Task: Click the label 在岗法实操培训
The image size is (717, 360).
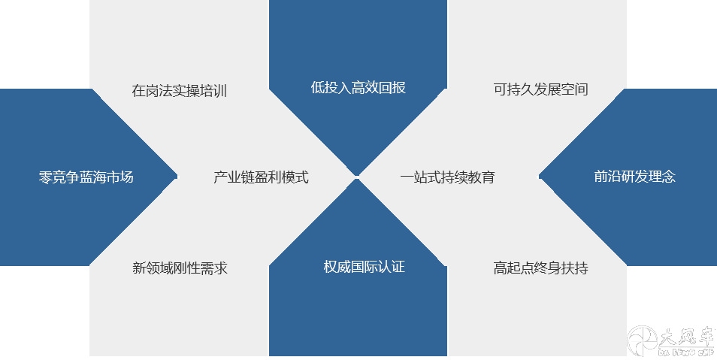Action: click(179, 91)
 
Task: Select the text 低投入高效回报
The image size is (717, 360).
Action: click(358, 87)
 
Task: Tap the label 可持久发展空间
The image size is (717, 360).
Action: click(540, 89)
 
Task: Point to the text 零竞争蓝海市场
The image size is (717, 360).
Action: click(86, 177)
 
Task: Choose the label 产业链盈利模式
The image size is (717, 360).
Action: click(261, 177)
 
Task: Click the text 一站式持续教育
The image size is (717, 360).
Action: click(447, 177)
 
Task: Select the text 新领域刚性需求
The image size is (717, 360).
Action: click(180, 268)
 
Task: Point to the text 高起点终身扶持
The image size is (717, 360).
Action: click(540, 268)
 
